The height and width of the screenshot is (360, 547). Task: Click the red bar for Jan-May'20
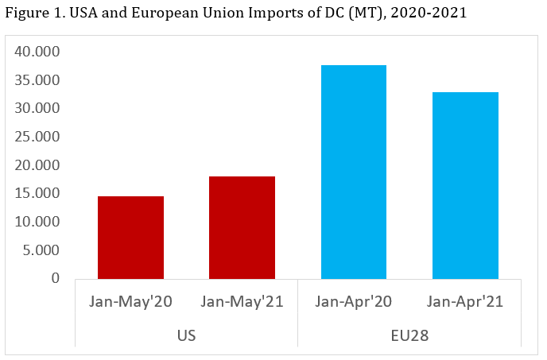(130, 237)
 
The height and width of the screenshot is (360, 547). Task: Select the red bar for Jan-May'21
(242, 227)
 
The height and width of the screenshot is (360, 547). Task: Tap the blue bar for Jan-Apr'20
(353, 172)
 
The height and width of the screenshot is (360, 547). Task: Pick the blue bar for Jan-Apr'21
(465, 185)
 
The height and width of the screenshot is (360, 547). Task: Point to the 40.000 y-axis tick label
(37, 52)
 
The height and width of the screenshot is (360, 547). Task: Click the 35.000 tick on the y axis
(37, 80)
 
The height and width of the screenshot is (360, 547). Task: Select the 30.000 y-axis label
(37, 108)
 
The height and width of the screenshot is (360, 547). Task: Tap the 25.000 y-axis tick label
(37, 137)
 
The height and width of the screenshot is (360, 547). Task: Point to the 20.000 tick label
(37, 165)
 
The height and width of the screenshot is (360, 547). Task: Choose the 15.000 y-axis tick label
(37, 193)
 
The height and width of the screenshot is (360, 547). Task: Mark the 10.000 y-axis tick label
(37, 222)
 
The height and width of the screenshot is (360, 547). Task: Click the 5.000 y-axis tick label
(41, 250)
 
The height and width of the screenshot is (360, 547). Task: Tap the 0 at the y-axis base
(55, 278)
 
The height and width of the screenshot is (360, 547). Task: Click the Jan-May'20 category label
(130, 303)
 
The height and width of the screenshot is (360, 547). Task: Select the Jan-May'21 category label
(242, 303)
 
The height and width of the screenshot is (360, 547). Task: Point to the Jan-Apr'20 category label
(353, 303)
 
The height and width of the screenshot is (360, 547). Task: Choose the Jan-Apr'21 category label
(465, 303)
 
